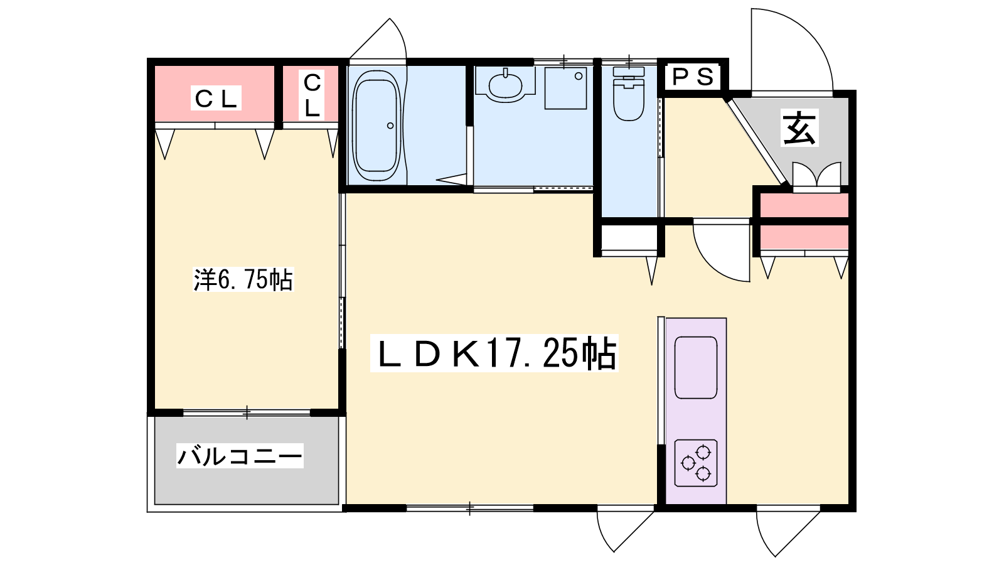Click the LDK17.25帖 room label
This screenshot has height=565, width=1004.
click(x=494, y=353)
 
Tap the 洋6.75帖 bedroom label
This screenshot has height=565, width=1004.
click(x=243, y=280)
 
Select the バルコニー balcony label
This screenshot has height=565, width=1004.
click(x=240, y=456)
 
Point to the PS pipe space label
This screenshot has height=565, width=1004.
click(x=693, y=77)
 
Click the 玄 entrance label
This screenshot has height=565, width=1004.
click(x=800, y=128)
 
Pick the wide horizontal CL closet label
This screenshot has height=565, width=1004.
click(x=216, y=98)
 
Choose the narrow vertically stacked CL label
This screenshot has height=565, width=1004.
click(x=312, y=95)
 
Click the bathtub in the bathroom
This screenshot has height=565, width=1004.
click(x=376, y=126)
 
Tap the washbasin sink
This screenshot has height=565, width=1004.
click(x=506, y=85)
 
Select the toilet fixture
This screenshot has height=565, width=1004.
click(x=629, y=94)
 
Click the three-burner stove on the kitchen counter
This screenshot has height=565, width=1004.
click(x=696, y=463)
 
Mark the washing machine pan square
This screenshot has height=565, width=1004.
click(x=565, y=89)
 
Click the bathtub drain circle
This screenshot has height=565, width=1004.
click(x=390, y=126)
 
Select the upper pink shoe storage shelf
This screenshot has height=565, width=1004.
click(x=804, y=205)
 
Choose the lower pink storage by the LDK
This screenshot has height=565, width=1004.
click(x=804, y=237)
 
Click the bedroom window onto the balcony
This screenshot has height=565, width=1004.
click(x=247, y=412)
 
